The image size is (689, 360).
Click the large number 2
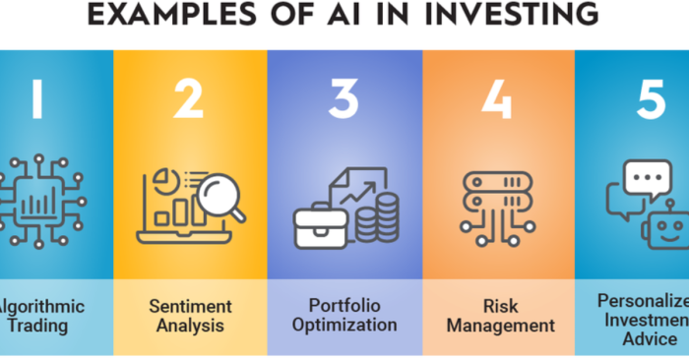(189, 100)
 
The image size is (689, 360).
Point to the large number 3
(344, 100)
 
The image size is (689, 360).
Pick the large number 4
(499, 100)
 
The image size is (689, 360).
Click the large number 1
(37, 100)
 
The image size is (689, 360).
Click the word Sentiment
(189, 306)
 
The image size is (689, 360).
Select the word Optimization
(344, 325)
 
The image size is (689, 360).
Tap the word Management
(499, 325)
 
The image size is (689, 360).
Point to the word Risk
(499, 306)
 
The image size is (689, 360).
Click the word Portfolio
(344, 306)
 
